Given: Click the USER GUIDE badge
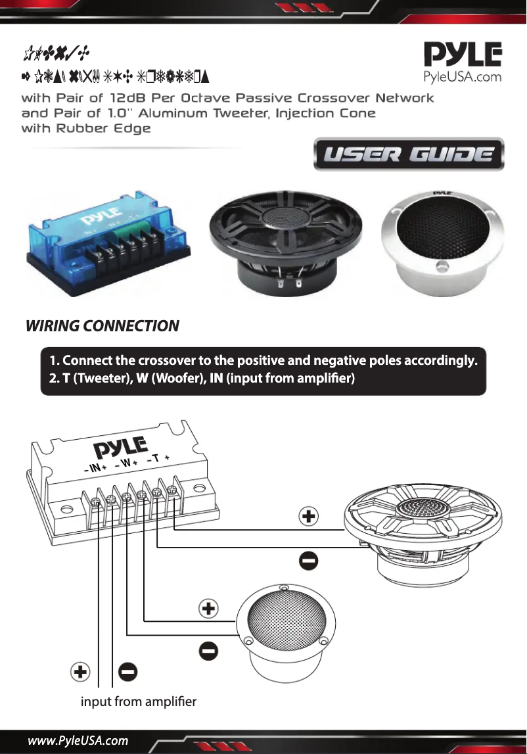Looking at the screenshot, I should [x=409, y=155].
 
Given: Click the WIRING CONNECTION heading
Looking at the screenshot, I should [x=102, y=326].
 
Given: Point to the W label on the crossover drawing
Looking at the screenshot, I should [x=126, y=463].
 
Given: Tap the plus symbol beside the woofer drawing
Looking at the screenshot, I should [x=309, y=517].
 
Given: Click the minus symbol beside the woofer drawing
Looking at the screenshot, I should [x=309, y=561].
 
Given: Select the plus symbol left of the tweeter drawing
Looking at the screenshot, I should [x=208, y=609].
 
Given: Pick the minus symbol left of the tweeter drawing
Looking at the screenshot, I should [x=208, y=651].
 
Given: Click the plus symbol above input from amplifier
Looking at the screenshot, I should [x=80, y=672].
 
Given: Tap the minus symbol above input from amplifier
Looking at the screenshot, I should [x=127, y=672].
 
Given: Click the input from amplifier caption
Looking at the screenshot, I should [x=138, y=702].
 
